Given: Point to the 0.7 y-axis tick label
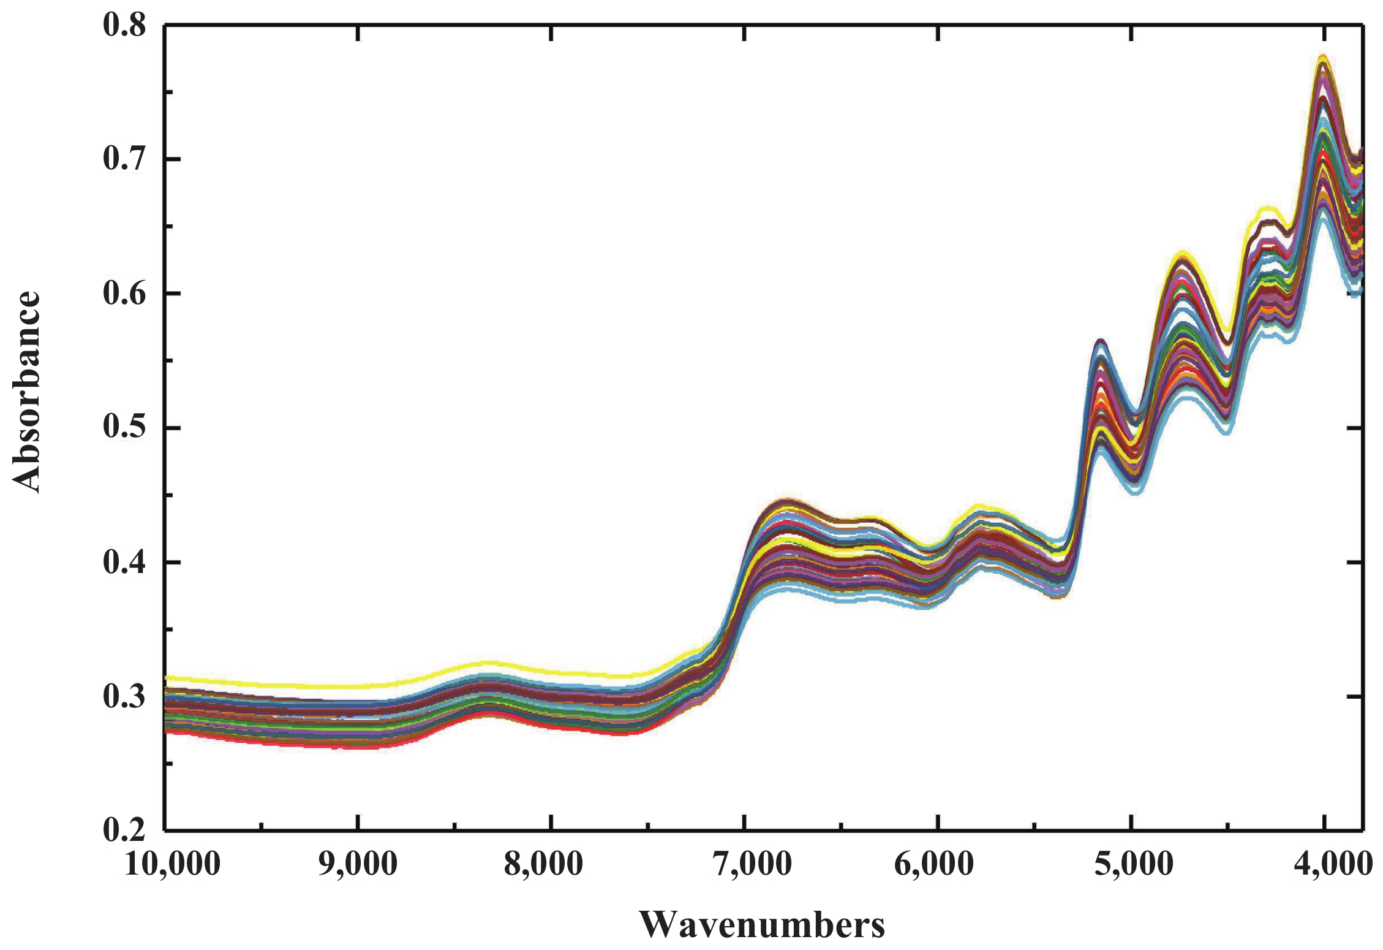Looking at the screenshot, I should [124, 159].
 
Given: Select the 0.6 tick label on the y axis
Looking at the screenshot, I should [124, 294].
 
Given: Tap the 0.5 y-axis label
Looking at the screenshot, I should [124, 428].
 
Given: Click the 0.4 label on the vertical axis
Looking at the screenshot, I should [124, 562].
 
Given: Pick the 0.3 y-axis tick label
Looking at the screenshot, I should [124, 696].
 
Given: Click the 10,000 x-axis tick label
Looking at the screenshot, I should [172, 864].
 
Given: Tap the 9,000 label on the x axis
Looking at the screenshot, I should [358, 864].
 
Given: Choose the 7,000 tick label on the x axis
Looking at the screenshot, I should [753, 864].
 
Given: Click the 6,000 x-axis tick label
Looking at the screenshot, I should [933, 864].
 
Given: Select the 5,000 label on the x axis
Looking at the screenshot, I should [1134, 864].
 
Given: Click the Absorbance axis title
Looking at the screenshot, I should [26, 392].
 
